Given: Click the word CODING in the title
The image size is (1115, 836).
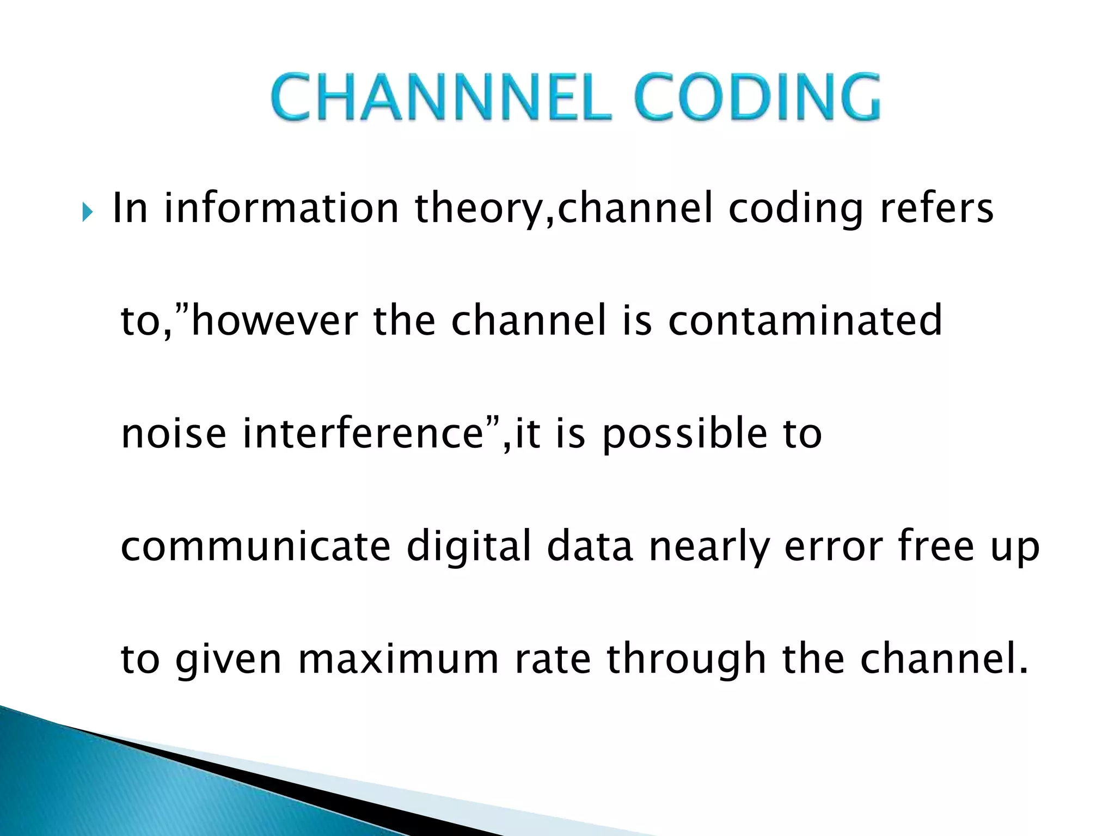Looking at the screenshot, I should click(x=757, y=98).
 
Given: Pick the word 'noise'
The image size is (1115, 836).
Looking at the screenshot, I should click(x=173, y=433).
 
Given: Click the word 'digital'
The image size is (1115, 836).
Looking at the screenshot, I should click(x=469, y=547).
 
